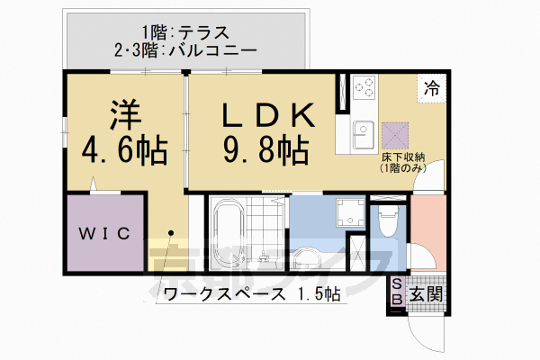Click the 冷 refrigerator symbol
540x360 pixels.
coord(433,88)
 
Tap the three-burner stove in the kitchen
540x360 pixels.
coord(366,88)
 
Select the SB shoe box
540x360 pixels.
coord(396,293)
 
